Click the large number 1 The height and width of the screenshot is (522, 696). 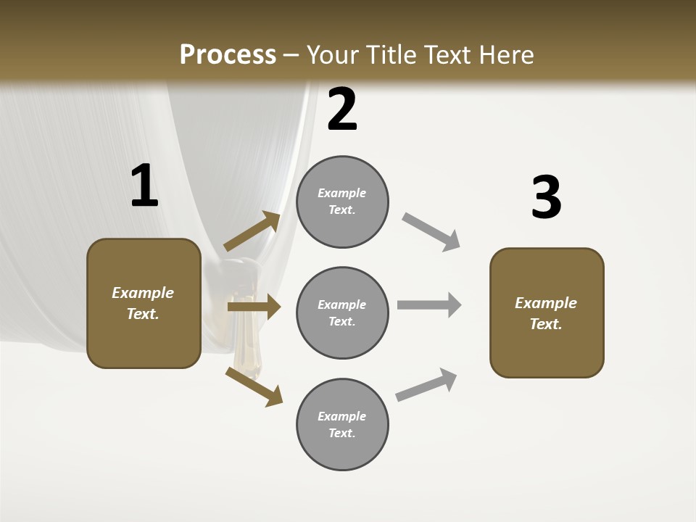click(x=144, y=186)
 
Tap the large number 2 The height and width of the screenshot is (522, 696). click(x=342, y=110)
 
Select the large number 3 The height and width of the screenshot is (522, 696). click(x=546, y=198)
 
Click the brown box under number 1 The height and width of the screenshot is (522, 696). click(x=144, y=303)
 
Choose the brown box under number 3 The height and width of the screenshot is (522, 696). click(x=547, y=313)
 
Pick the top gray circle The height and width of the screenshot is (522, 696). click(x=342, y=202)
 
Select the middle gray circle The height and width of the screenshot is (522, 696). click(x=342, y=313)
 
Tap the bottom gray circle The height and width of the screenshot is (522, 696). click(x=342, y=425)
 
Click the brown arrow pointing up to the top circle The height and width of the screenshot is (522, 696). click(x=252, y=231)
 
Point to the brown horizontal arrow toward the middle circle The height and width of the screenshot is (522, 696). click(x=254, y=307)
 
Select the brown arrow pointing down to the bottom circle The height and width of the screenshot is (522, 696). click(x=254, y=386)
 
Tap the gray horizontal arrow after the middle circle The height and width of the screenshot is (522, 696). click(x=429, y=304)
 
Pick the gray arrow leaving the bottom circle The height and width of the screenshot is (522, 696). click(x=426, y=384)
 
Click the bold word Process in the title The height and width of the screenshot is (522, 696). click(x=228, y=54)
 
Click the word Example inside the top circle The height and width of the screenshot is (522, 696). click(x=342, y=193)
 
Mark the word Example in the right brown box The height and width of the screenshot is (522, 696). click(x=546, y=303)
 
